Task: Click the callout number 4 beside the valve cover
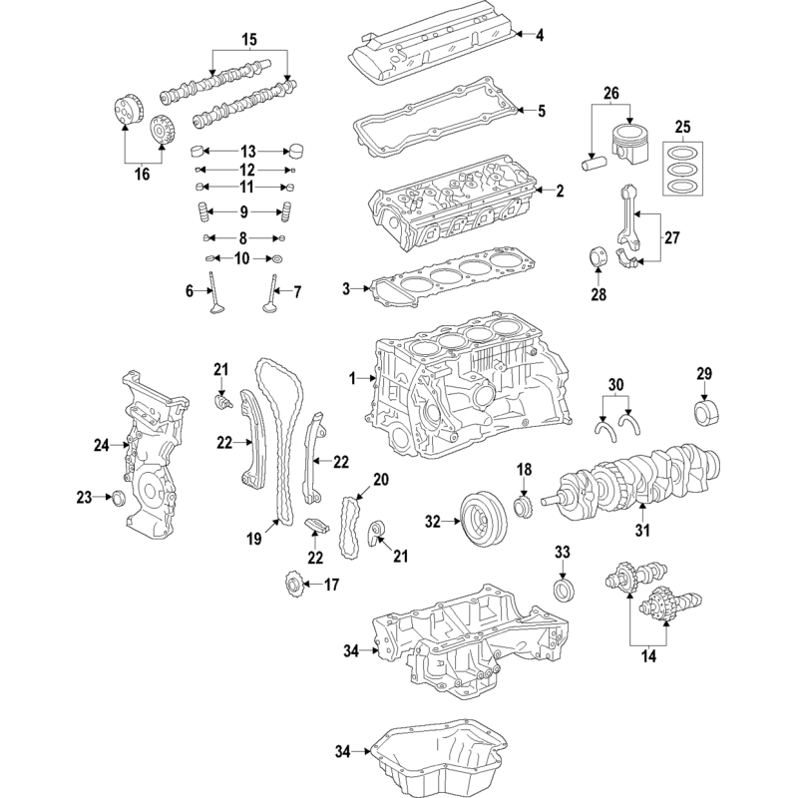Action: click(x=540, y=35)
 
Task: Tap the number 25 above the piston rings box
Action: click(x=683, y=127)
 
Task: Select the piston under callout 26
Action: click(x=631, y=144)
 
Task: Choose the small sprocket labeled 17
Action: click(x=293, y=586)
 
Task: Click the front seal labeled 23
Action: click(x=118, y=498)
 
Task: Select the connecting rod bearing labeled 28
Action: click(x=598, y=256)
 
